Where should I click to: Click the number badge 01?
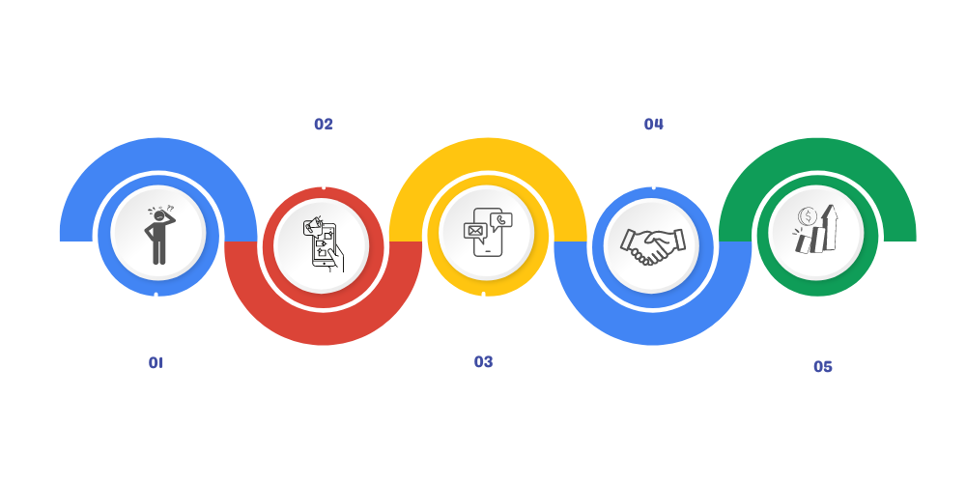pos(155,362)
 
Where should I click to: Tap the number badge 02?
pos(323,124)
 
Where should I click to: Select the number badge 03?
pos(483,362)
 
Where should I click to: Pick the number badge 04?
pos(654,124)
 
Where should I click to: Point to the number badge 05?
pos(822,366)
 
